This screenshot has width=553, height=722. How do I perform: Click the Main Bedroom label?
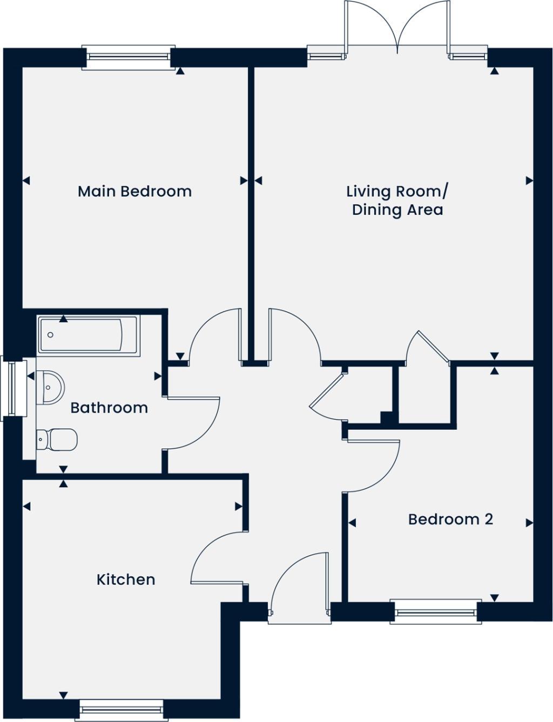click(134, 191)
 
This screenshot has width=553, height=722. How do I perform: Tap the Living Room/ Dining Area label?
click(397, 200)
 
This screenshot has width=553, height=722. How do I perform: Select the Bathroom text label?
click(109, 407)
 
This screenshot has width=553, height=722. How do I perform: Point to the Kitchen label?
click(126, 579)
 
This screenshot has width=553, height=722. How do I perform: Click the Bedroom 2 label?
click(450, 519)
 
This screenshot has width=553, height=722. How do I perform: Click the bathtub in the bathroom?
click(89, 335)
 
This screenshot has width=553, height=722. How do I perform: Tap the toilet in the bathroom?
click(57, 440)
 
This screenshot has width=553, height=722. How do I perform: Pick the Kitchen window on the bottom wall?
click(120, 710)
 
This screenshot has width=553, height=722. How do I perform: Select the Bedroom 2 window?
click(436, 612)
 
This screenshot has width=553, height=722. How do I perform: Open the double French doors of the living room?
click(397, 27)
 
